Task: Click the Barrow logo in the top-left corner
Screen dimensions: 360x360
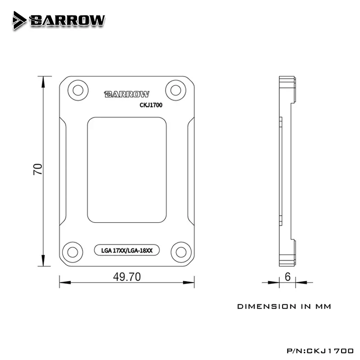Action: [x=59, y=20]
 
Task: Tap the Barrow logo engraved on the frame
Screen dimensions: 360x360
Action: [x=127, y=94]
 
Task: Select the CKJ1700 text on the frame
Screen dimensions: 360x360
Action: [x=151, y=105]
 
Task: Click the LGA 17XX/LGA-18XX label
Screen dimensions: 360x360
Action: [x=127, y=250]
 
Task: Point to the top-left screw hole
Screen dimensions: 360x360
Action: [x=78, y=90]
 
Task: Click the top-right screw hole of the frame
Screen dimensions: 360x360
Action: [x=175, y=90]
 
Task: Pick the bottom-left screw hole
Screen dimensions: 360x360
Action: [x=72, y=252]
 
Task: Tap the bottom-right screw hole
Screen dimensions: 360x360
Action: [x=181, y=252]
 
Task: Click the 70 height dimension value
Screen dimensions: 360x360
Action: [x=38, y=169]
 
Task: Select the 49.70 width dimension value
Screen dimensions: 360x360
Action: [x=127, y=277]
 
